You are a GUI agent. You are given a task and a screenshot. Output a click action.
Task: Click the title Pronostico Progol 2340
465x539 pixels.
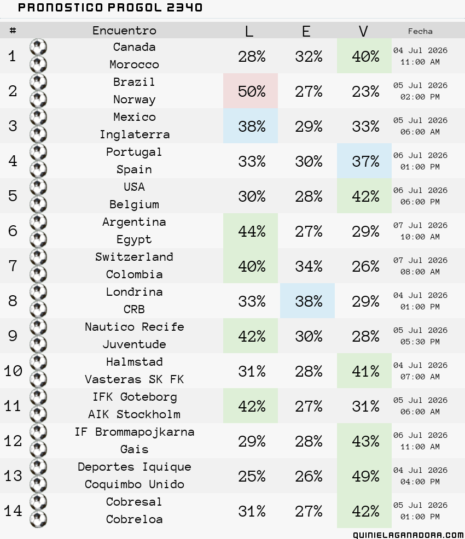tap(110, 8)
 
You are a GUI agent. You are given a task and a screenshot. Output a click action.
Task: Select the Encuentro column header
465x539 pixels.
tap(124, 31)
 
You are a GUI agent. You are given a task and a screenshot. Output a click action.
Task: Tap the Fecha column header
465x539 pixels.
tap(420, 31)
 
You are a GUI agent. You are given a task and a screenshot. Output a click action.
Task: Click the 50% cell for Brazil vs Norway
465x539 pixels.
tap(251, 91)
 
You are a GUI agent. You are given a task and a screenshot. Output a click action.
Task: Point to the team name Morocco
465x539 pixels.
tap(134, 65)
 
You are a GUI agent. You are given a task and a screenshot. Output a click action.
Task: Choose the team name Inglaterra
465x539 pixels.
tap(135, 134)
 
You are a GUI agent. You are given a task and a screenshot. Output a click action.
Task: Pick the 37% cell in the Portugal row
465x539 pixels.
tap(364, 161)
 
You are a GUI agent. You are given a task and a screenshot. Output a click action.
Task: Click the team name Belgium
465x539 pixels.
tap(134, 204)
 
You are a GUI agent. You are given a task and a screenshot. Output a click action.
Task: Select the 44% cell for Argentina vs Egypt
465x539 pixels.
tap(251, 231)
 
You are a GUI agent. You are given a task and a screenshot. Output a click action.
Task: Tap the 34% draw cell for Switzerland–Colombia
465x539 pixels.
tap(309, 266)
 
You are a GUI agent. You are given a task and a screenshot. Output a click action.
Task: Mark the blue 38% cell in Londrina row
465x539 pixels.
tap(307, 301)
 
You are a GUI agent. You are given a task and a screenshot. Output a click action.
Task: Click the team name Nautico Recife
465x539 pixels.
tap(135, 326)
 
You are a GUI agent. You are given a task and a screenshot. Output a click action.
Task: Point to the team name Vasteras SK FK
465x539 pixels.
tap(135, 379)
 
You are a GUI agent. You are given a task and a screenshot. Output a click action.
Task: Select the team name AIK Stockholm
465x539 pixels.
tap(135, 414)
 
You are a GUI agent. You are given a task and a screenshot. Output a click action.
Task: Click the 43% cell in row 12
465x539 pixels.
tap(364, 441)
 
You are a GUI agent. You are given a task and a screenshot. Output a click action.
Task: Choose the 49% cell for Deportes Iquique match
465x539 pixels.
tap(364, 476)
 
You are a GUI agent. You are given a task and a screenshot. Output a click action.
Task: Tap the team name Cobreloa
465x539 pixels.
tap(134, 519)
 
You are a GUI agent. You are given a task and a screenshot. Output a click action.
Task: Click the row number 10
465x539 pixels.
tap(13, 371)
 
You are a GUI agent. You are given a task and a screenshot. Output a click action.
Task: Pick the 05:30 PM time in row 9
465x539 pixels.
tap(420, 342)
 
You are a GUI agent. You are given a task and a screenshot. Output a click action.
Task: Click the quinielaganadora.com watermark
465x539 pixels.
tap(408, 535)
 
